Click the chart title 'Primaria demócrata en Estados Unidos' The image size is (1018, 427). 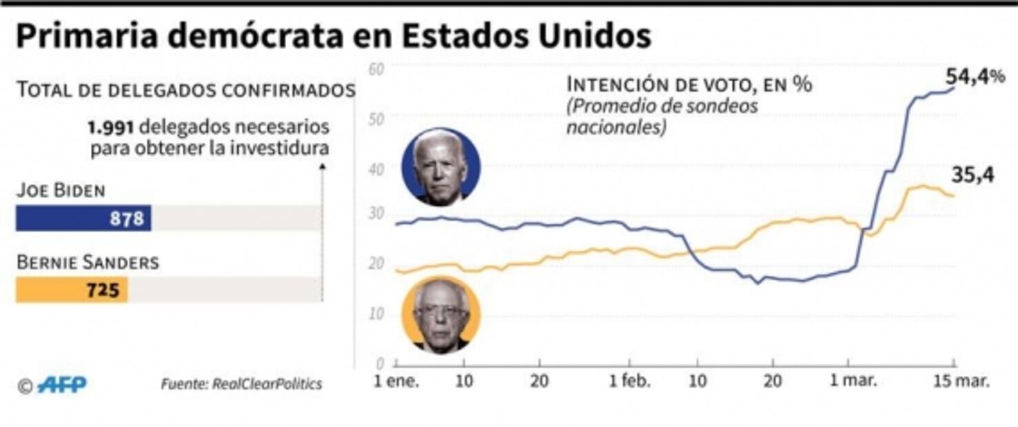point(333,37)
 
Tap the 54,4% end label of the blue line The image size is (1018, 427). point(975,76)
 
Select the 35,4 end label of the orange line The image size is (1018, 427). point(973,176)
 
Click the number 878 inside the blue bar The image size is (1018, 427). point(127,219)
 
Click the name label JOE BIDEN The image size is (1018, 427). point(61,191)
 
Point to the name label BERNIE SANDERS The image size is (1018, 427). point(88,262)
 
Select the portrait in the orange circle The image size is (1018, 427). point(441,315)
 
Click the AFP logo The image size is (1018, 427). point(62,384)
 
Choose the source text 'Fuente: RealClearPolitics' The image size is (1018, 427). point(241,384)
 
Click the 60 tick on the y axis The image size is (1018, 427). point(376,69)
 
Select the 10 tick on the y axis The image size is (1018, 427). point(376,314)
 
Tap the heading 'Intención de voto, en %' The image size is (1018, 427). point(689,85)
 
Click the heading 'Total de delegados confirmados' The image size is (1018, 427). point(185,90)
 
